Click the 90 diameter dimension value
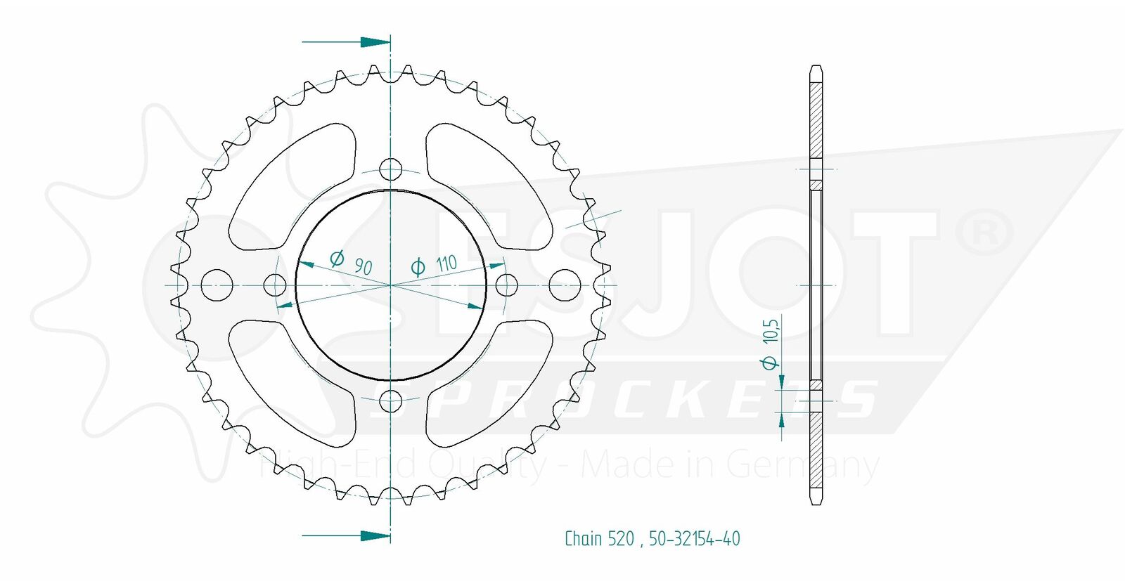[x=363, y=266]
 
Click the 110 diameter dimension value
[x=446, y=263]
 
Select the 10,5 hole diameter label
[x=771, y=331]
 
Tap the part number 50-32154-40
[x=694, y=539]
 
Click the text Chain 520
[x=598, y=539]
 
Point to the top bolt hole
[x=390, y=169]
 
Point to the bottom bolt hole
[x=390, y=401]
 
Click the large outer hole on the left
[x=217, y=285]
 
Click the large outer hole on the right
[x=565, y=285]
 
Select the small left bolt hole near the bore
[x=275, y=285]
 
